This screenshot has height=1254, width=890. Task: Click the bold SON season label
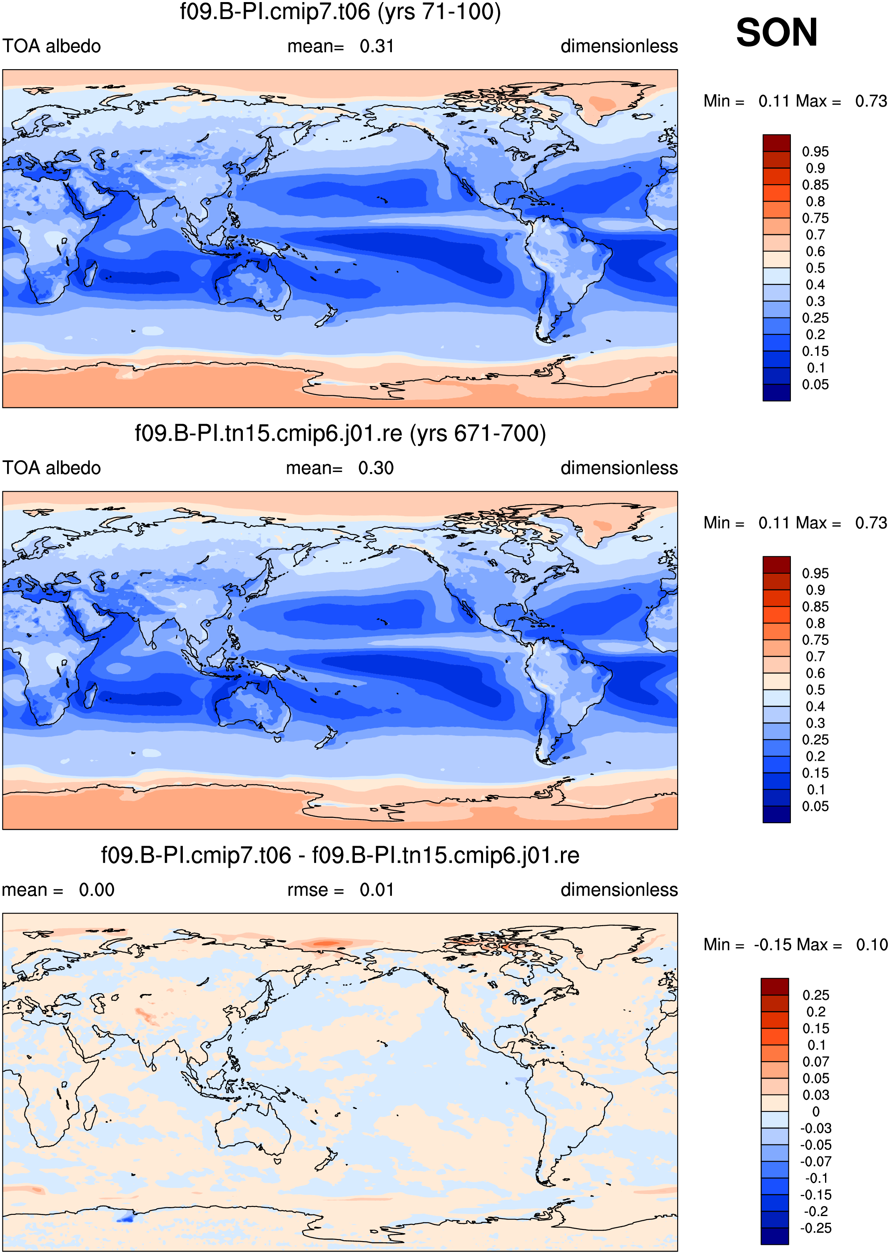777,32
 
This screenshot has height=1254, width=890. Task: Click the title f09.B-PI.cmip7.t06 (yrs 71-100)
340,12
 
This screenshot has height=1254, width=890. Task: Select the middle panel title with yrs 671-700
340,434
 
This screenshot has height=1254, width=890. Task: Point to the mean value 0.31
377,46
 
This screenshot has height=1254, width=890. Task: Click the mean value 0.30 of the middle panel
376,468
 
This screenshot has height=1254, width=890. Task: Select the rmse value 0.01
377,889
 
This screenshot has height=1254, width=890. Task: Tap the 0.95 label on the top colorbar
815,152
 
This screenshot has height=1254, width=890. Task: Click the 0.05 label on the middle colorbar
815,806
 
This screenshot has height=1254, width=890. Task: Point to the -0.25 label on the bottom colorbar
816,1228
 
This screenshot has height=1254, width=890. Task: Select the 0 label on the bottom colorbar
816,1112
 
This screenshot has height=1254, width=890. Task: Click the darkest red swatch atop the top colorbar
777,142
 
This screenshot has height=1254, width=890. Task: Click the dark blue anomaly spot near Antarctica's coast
125,1218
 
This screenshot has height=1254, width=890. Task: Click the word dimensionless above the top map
619,46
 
